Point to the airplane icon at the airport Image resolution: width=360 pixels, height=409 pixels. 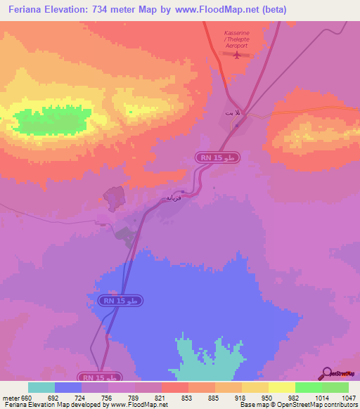(x=237, y=57)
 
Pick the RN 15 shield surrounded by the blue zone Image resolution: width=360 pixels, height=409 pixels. (x=123, y=300)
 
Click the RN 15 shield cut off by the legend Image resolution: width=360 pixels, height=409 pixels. (x=101, y=377)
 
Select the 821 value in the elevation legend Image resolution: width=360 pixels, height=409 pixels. (x=162, y=397)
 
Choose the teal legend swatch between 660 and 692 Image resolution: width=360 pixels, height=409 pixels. (x=41, y=387)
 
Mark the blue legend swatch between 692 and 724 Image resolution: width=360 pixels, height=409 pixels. (x=68, y=387)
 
